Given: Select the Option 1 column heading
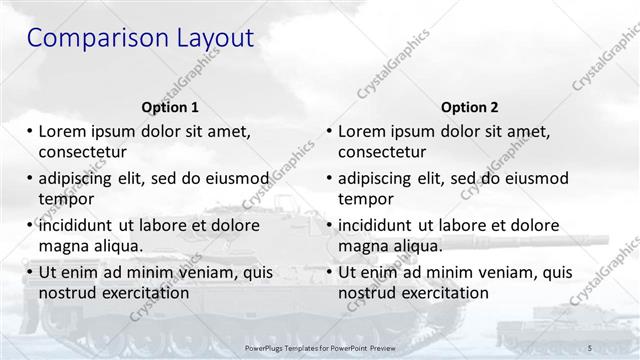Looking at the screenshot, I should pos(170,107).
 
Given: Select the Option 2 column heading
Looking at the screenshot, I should pos(469,107).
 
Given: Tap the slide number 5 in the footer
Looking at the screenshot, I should pos(590,346).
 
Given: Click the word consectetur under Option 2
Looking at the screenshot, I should pos(382,152).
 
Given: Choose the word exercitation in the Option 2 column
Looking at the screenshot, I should pos(442,293).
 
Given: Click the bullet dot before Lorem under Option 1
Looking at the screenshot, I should pos(30,131).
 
